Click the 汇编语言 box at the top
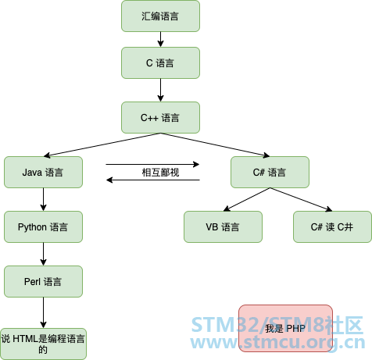coord(160,16)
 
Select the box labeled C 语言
coord(160,63)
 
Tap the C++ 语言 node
coord(160,118)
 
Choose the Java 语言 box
coord(43,173)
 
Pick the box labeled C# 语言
coord(270,173)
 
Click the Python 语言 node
coord(43,227)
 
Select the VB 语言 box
coord(223,227)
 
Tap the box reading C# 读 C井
coord(332,227)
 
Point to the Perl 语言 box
coord(43,281)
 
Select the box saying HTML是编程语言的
coord(43,344)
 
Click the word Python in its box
coord(32,227)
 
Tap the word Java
coord(32,173)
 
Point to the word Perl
coord(33,281)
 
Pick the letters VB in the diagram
coord(212,227)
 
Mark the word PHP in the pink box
coord(295,328)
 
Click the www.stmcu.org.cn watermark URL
coord(278,344)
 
